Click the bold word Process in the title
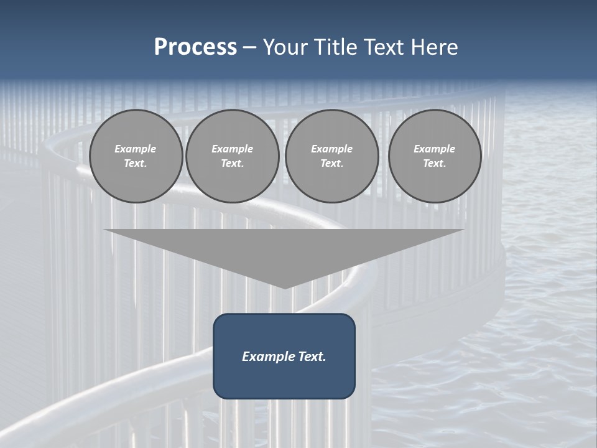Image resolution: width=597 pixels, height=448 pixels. [195, 47]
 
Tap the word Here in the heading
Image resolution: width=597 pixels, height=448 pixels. [433, 47]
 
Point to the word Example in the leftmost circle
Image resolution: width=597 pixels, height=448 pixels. [136, 149]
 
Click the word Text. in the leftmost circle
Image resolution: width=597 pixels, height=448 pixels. [136, 163]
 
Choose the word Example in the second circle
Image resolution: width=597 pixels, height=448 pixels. [232, 149]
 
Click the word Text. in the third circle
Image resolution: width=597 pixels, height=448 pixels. [331, 163]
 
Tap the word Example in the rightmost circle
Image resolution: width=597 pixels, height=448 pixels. [434, 149]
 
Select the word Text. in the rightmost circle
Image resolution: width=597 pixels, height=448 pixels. [434, 163]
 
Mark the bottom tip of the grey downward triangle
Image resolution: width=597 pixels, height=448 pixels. [285, 287]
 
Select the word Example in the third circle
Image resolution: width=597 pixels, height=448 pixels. [331, 149]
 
